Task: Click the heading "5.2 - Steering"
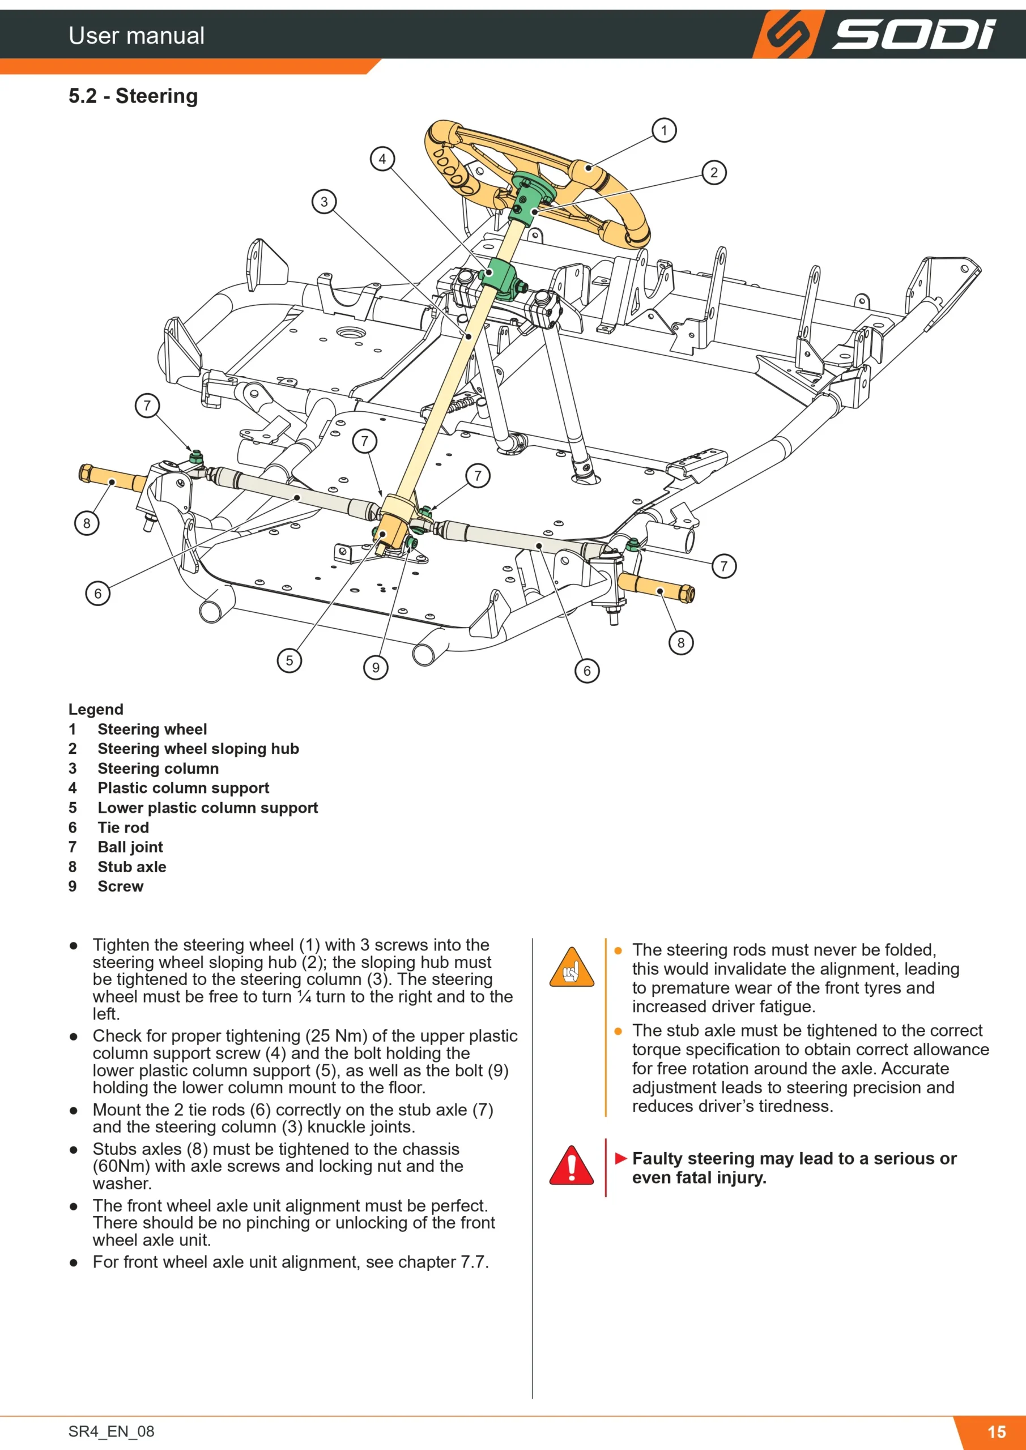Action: point(133,96)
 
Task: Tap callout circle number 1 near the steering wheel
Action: point(664,131)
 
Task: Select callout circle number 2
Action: point(714,172)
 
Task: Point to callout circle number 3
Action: point(324,202)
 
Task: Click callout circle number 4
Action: point(382,159)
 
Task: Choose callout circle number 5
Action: point(290,660)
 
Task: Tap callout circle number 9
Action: point(376,668)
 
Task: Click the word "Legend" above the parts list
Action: point(96,709)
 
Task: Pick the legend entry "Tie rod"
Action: point(123,828)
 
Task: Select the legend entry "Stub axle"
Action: point(132,867)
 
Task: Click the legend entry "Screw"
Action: point(121,886)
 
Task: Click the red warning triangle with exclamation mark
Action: point(571,1166)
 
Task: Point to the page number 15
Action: point(997,1432)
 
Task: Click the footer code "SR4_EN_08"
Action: point(111,1432)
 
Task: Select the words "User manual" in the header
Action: point(137,35)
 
